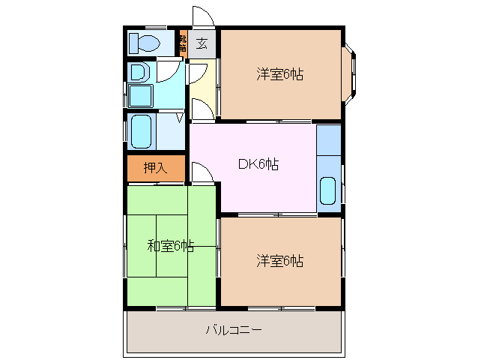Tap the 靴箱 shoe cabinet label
tap(183, 43)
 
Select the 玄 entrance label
tap(202, 43)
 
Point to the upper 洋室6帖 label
tap(279, 74)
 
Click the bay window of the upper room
tap(351, 74)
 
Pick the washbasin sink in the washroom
tap(139, 72)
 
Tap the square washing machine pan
tap(140, 96)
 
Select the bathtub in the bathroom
tap(141, 132)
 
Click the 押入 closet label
tap(155, 169)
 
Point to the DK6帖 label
tap(258, 165)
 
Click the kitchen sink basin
tap(328, 190)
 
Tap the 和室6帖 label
tap(170, 245)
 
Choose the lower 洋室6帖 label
tap(279, 261)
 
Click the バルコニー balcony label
tap(234, 330)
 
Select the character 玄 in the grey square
tap(202, 43)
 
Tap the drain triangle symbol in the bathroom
tap(180, 117)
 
